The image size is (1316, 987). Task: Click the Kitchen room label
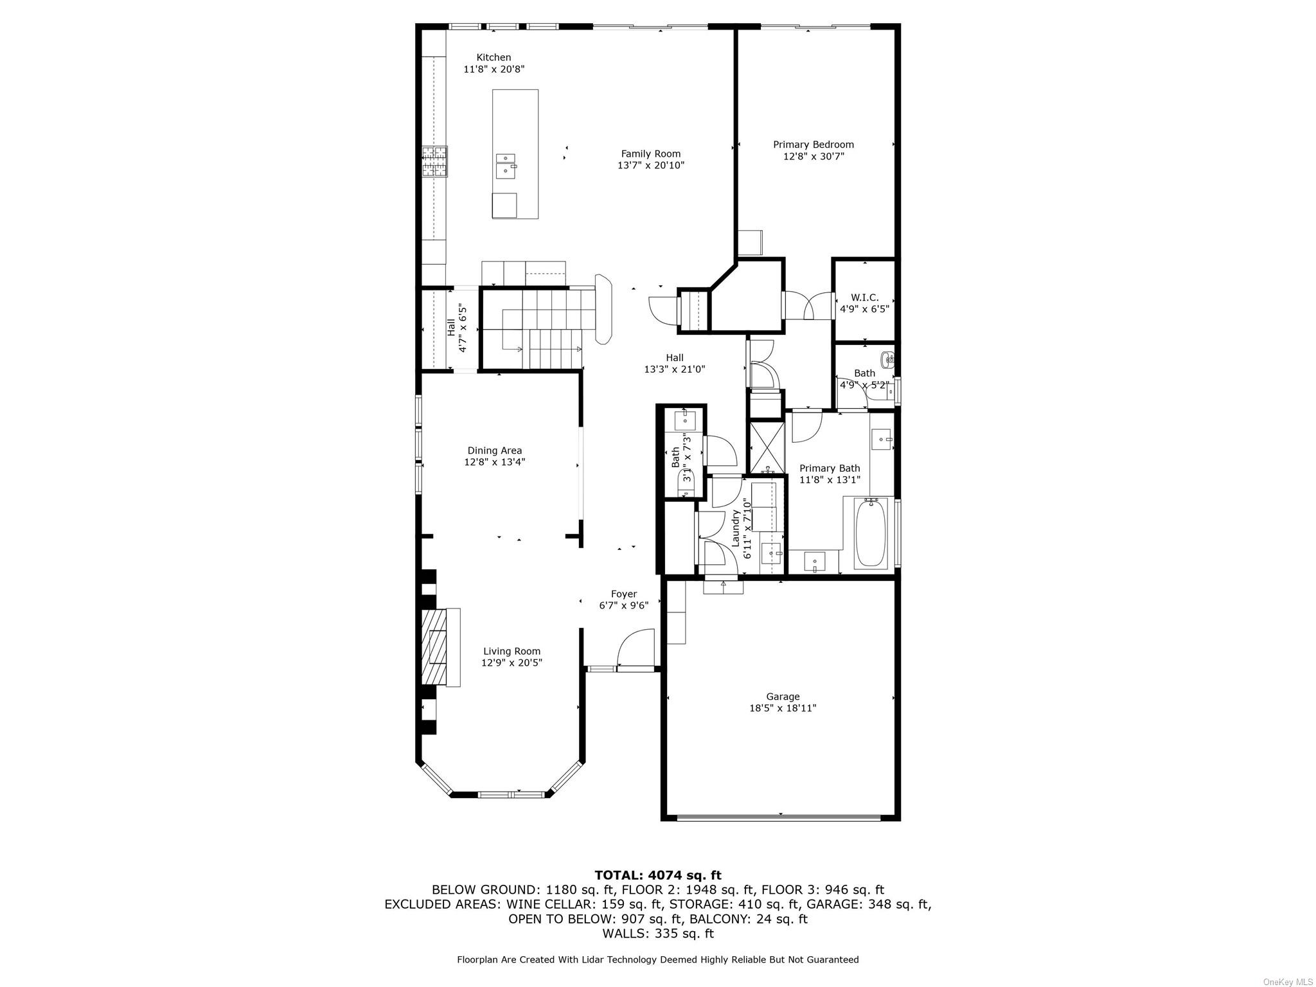(x=493, y=57)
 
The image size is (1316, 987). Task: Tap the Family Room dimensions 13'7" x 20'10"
(x=650, y=165)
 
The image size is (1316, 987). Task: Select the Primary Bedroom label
(x=813, y=145)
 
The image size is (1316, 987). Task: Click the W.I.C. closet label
(x=864, y=298)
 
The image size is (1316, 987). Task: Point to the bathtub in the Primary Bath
(x=870, y=533)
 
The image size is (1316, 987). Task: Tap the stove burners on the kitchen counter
(x=434, y=161)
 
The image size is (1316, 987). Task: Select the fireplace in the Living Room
(x=439, y=646)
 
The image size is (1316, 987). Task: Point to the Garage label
(x=782, y=697)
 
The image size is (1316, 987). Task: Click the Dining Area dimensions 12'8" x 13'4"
(x=494, y=462)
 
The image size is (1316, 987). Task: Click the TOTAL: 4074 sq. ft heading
(x=657, y=875)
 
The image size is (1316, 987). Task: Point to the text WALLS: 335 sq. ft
(x=657, y=933)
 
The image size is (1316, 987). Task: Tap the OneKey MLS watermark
(x=1288, y=982)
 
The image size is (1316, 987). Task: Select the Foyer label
(x=623, y=594)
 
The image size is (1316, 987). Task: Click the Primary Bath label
(x=829, y=468)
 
